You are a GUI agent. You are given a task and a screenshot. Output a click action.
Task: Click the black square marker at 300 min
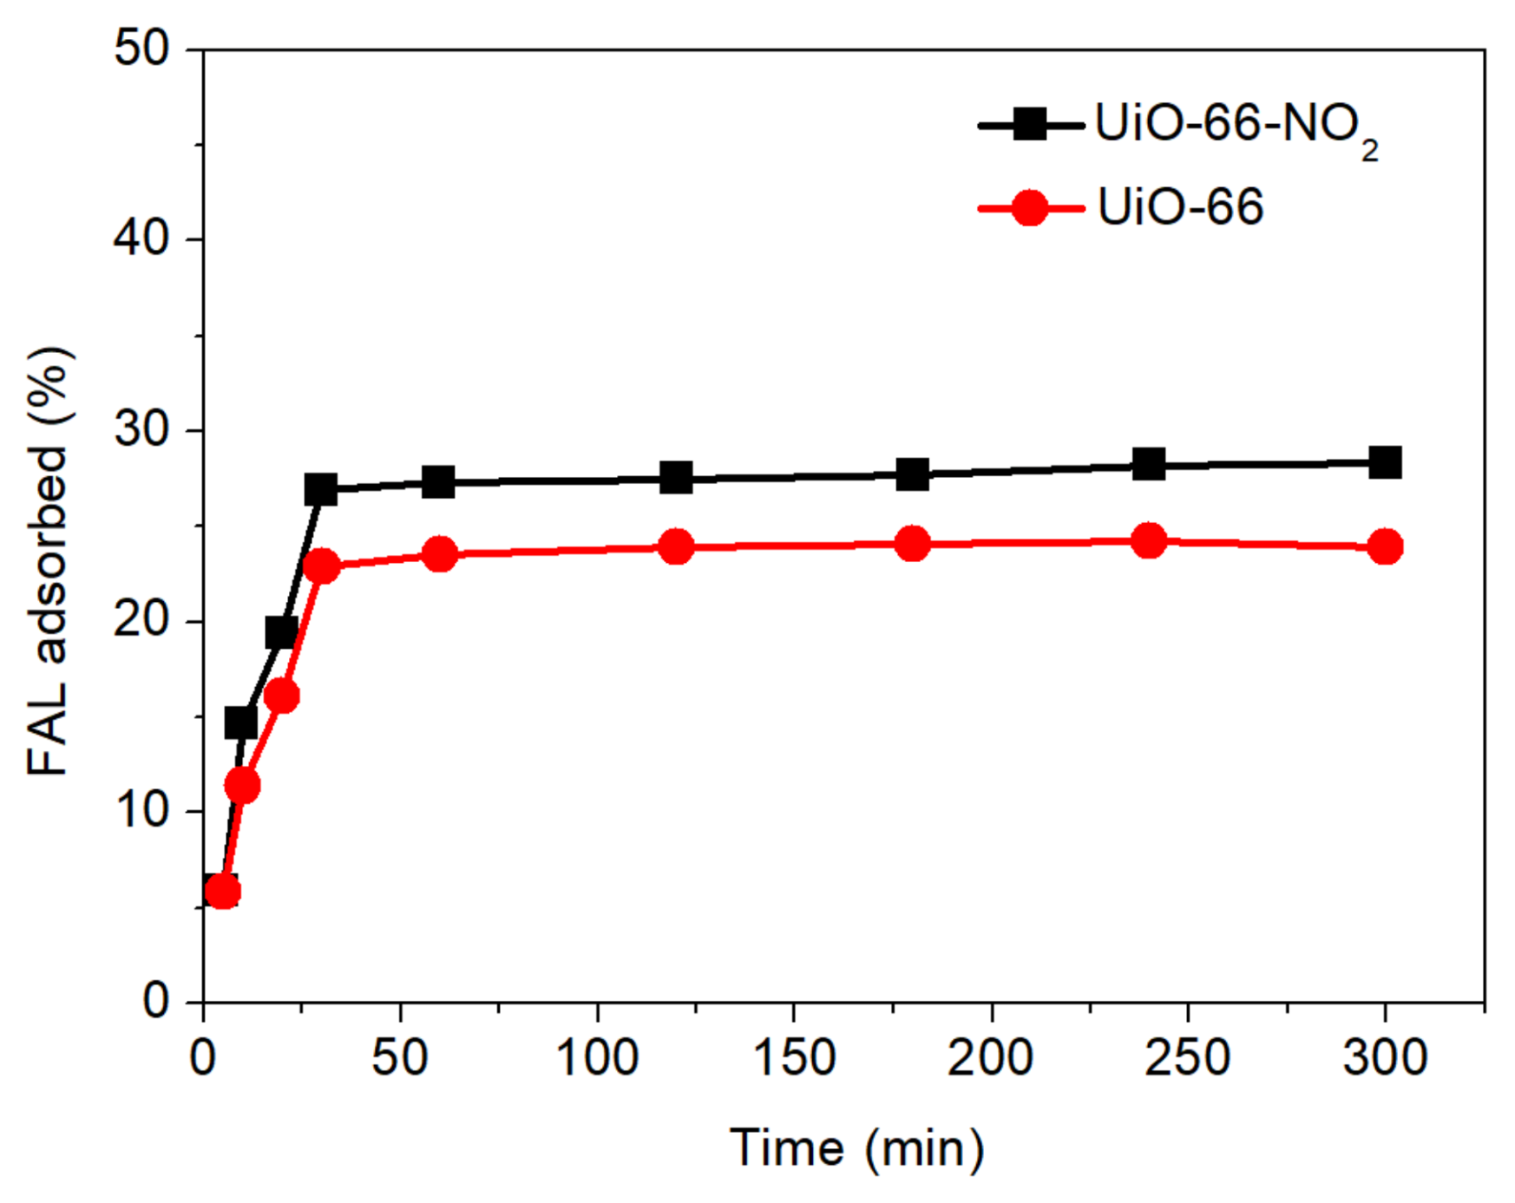tap(1384, 462)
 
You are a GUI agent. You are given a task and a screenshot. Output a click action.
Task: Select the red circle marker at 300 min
tap(1384, 546)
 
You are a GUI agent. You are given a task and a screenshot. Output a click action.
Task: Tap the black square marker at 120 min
tap(676, 477)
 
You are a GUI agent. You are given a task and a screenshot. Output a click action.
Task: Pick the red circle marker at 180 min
tap(912, 544)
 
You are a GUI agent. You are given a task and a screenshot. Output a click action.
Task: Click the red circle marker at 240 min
tap(1149, 540)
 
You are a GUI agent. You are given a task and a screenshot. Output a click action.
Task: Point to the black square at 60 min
tap(439, 481)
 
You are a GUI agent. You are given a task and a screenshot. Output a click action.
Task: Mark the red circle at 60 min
tap(439, 553)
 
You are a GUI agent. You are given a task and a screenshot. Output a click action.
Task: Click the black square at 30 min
tap(321, 490)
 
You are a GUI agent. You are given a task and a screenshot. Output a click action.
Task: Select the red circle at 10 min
tap(242, 786)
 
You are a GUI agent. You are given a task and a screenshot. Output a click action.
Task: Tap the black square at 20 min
tap(281, 632)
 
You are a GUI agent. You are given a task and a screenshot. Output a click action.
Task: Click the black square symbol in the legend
tap(1030, 125)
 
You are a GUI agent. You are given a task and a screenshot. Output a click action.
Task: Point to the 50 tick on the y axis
tap(141, 48)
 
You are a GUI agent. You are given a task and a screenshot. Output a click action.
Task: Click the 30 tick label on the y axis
tap(141, 428)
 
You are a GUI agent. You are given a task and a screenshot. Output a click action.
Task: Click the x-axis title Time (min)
tap(856, 1148)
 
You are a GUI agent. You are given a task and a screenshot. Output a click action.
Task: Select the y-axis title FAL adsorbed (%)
tap(49, 560)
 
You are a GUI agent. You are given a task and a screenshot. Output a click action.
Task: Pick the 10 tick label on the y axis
tap(141, 810)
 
